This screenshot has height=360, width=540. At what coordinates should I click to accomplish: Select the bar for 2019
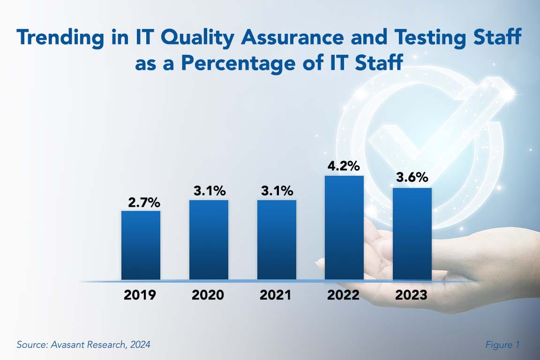pos(141,245)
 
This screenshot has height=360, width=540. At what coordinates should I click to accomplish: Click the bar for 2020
pos(209,240)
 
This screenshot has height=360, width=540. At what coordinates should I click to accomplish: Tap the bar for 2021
pos(277,240)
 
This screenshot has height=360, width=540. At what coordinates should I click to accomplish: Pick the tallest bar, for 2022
pos(344,227)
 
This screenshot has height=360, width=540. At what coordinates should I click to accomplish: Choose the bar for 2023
pos(412,233)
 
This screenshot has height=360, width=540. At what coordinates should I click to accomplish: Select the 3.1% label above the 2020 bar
pos(210,191)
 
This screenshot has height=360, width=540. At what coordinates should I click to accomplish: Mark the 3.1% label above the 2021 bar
pos(277,191)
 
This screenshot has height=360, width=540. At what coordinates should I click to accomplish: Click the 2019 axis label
pos(140,295)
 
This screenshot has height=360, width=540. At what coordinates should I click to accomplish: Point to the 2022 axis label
pos(344,295)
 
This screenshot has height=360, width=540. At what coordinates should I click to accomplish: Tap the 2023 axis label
pos(411,295)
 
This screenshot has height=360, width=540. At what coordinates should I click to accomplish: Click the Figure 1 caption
pos(502,345)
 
